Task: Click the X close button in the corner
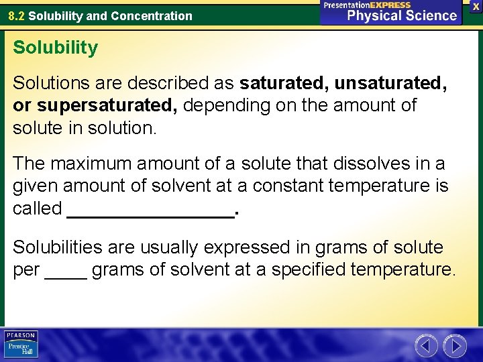tap(476, 5)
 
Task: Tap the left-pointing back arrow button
tap(426, 346)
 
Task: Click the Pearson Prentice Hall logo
tap(21, 345)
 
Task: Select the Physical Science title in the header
tap(402, 16)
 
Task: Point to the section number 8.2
tap(17, 15)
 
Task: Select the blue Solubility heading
tap(55, 48)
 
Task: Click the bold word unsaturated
tap(390, 83)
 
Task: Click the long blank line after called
tap(151, 213)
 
